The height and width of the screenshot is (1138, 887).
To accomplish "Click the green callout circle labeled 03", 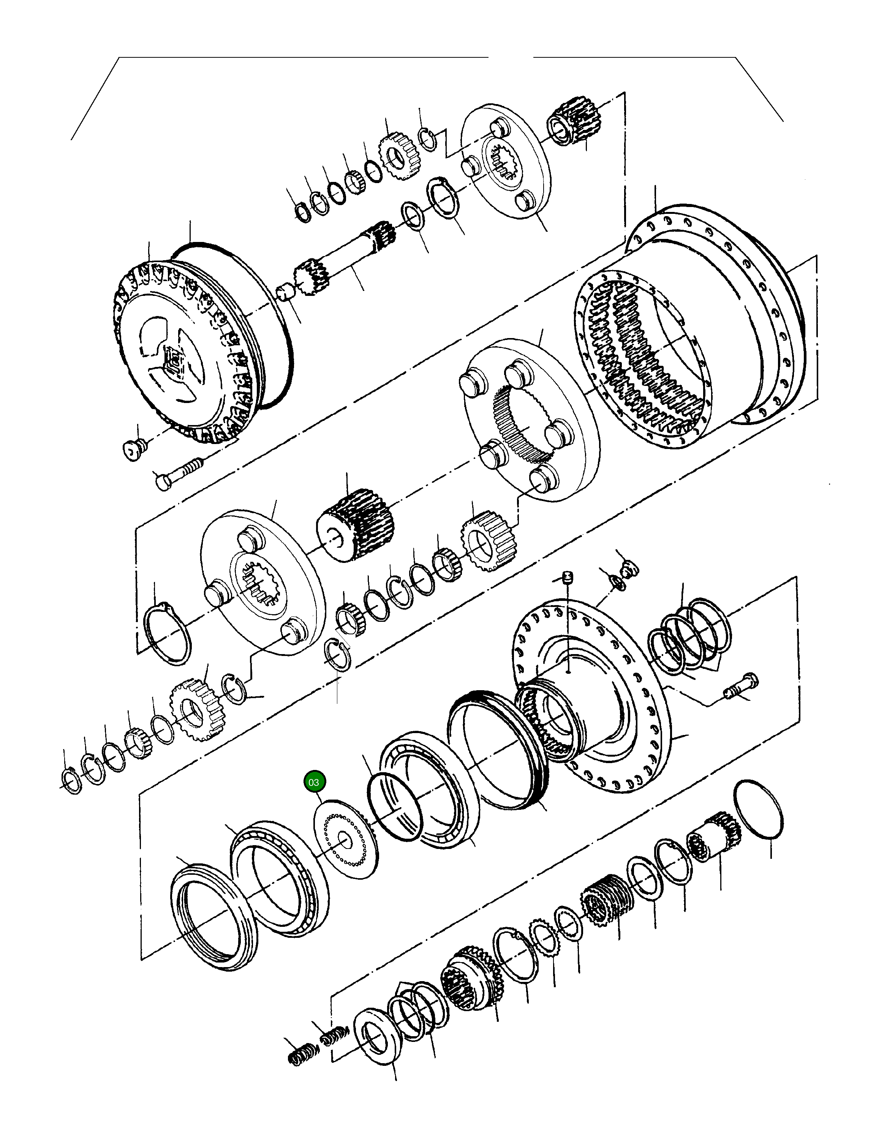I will tap(314, 782).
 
